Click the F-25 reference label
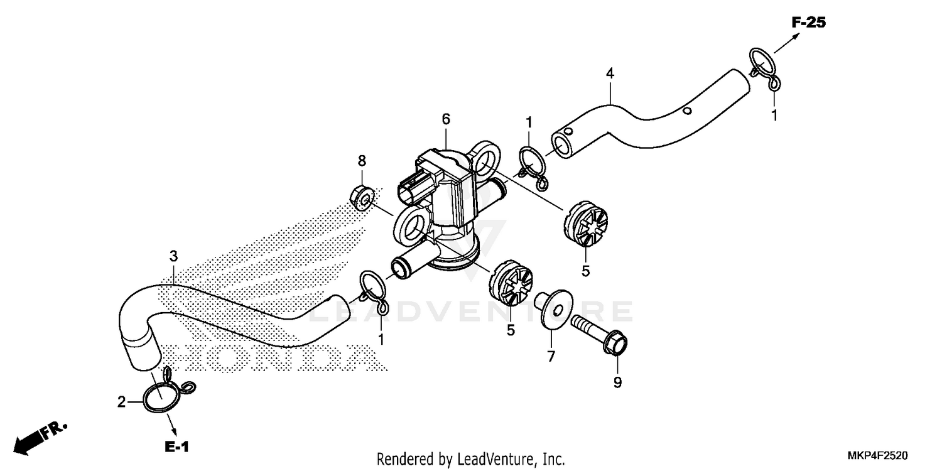[808, 23]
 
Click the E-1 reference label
[177, 447]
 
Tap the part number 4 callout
[610, 73]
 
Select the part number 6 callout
[446, 118]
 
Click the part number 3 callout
[173, 256]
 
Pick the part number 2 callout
[122, 401]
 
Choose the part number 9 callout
[617, 382]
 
